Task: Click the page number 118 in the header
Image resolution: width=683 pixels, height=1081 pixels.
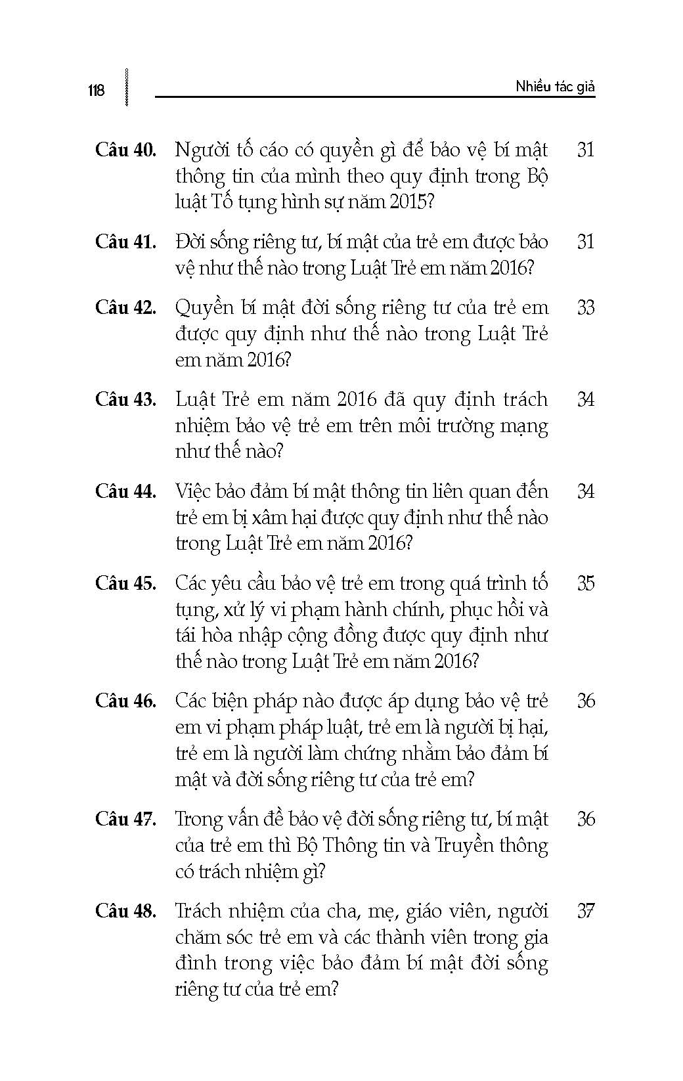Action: tap(96, 91)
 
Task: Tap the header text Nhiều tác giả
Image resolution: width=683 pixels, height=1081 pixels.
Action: tap(555, 87)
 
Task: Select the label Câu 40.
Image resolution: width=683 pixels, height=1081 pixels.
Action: tap(125, 150)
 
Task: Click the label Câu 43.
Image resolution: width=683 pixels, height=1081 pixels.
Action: tap(125, 399)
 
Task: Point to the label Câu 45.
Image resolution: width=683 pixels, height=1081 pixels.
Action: tap(125, 583)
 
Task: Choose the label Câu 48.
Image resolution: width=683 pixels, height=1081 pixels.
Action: tap(125, 911)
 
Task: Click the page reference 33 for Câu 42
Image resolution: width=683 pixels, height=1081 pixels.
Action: tap(585, 307)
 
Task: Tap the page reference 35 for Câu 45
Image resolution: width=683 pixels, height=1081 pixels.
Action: tap(585, 583)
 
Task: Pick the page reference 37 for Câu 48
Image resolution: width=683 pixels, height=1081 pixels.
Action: tap(585, 911)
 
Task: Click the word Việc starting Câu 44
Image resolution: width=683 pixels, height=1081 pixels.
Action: tap(194, 491)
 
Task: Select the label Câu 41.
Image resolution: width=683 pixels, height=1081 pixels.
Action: tap(125, 242)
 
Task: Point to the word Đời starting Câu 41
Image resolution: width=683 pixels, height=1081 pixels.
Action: tap(191, 242)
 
